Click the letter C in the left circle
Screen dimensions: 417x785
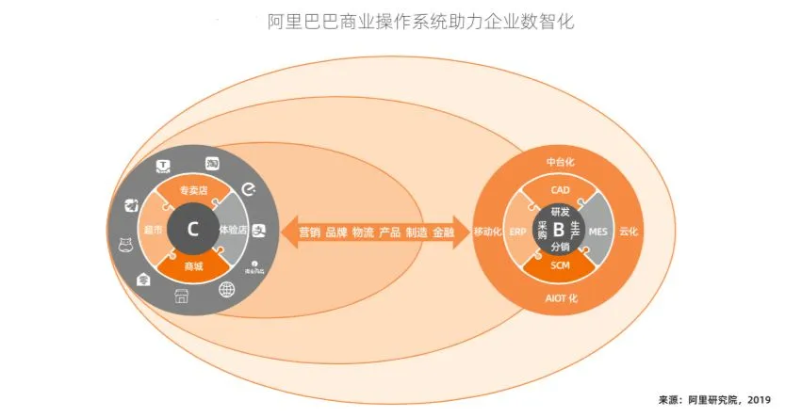193,229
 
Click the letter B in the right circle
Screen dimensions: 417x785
559,230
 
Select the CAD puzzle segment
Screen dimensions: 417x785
560,190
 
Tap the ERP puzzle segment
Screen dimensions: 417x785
518,232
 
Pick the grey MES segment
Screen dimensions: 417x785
597,232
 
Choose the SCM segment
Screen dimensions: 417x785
560,268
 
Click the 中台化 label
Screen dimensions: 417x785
560,162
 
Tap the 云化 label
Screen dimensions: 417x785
629,232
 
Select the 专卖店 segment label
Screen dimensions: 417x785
193,190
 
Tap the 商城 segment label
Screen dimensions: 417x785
193,267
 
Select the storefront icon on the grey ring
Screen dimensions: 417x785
181,298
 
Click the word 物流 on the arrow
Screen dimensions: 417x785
363,232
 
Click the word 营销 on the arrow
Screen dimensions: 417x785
309,232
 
